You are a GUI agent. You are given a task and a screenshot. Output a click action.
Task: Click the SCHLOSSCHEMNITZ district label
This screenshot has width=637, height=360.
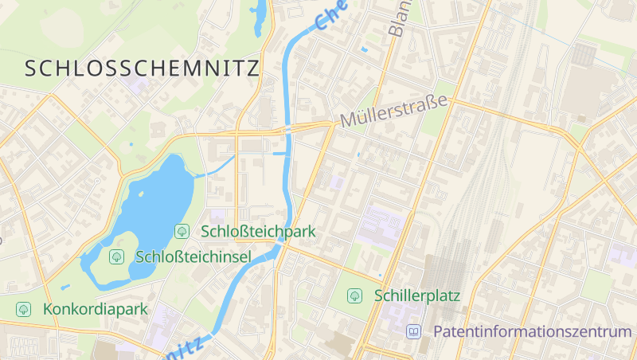tap(142, 68)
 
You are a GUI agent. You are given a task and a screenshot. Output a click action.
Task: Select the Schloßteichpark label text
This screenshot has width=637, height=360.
tap(258, 232)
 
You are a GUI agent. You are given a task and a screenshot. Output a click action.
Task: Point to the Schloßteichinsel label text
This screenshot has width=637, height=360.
tap(193, 256)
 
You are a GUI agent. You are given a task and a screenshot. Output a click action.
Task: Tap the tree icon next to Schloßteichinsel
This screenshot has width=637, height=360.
tap(116, 256)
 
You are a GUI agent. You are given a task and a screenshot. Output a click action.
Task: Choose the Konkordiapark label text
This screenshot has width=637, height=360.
tap(96, 308)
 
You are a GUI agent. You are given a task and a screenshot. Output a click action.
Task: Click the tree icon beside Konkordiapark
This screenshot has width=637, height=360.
tap(23, 308)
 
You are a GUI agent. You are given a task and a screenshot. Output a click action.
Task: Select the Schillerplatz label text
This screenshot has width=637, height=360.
tap(417, 295)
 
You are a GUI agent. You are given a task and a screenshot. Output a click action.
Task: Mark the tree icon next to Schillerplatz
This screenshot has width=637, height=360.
tap(354, 295)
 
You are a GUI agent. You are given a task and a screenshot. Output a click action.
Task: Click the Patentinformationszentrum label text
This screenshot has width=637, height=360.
tap(532, 331)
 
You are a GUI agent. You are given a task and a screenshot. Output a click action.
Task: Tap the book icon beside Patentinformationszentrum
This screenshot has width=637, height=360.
tap(413, 331)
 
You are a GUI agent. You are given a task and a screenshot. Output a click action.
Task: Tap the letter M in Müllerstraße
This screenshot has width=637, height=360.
tap(348, 122)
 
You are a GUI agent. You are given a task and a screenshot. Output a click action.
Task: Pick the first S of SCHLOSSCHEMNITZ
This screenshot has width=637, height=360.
tap(31, 68)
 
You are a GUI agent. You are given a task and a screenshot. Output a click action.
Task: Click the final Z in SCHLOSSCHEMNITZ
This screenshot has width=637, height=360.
tap(252, 68)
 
